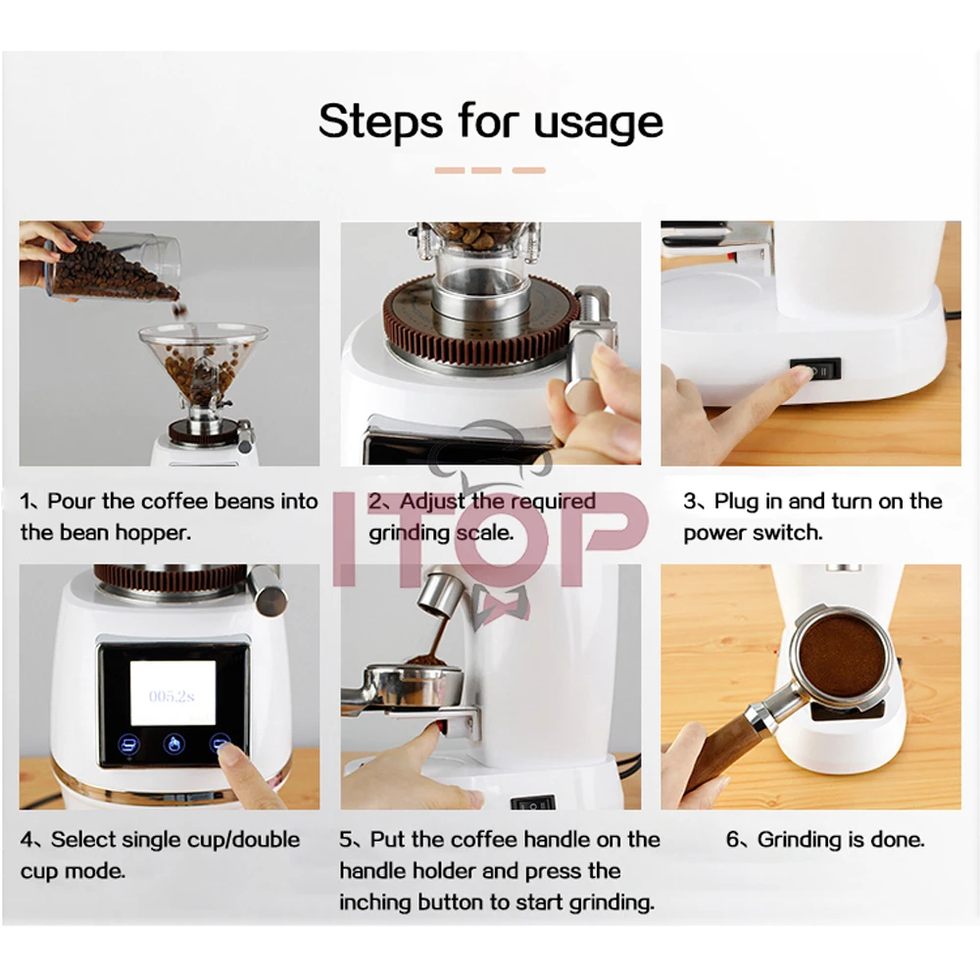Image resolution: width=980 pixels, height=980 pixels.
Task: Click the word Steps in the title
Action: pos(380,122)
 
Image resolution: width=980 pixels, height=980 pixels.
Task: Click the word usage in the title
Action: pos(598,122)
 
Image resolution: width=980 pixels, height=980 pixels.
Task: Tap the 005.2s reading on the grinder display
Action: pos(171,696)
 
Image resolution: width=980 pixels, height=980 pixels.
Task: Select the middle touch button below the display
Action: pos(173,745)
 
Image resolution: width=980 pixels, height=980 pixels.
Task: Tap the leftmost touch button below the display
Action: pos(129,745)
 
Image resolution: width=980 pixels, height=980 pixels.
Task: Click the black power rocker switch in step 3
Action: pos(815,370)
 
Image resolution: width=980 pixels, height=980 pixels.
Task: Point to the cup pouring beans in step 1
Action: pos(116,267)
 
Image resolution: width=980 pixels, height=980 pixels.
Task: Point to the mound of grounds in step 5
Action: pos(425,661)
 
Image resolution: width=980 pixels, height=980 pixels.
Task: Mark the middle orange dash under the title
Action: pos(487,170)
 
